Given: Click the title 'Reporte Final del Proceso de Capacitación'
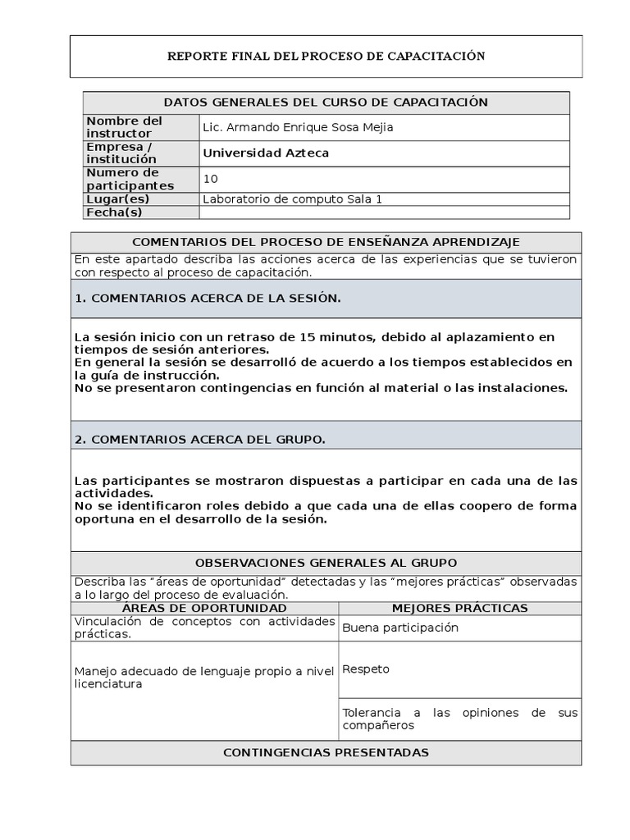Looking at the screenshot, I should (326, 57).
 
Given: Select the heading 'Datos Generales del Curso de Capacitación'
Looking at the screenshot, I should (326, 103).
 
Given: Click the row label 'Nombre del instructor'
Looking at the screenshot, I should (125, 127).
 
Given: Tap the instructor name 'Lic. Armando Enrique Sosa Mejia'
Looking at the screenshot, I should (285, 127).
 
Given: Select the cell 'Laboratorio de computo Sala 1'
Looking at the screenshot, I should (292, 199).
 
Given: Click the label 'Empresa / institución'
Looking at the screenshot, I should (121, 153).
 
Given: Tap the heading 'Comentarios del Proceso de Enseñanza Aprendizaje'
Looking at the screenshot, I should (326, 242).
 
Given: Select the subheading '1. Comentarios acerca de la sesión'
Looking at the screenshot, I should (207, 299).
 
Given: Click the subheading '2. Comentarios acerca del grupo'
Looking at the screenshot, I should (199, 440).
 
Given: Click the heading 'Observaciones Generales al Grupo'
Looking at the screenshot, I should (326, 563).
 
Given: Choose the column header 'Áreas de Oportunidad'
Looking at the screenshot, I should (204, 608).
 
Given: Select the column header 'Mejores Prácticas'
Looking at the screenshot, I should (459, 608).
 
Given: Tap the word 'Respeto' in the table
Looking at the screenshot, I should (366, 669).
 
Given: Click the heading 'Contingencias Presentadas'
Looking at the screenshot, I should (326, 752).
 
